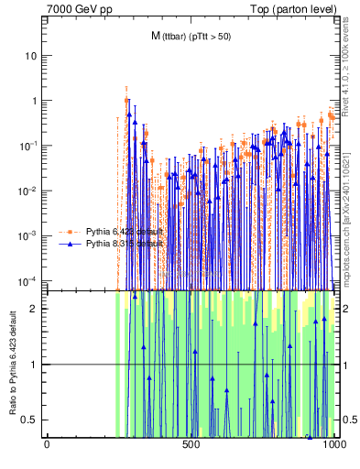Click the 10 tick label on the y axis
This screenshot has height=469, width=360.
pyautogui.click(x=32, y=56)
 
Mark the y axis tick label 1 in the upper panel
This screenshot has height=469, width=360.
pyautogui.click(x=35, y=101)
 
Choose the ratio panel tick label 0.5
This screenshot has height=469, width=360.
pyautogui.click(x=32, y=420)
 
